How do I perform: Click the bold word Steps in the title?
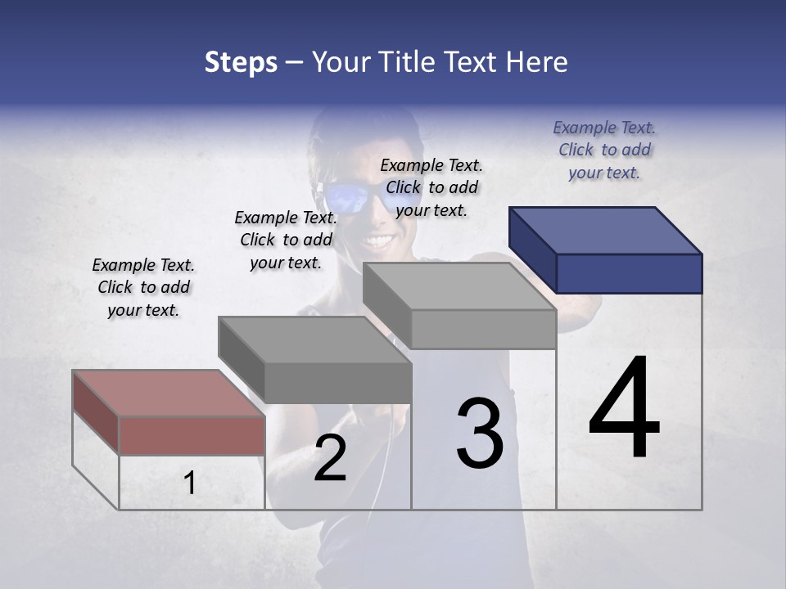(x=241, y=62)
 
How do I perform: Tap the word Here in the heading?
(x=536, y=62)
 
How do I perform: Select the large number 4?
(x=624, y=409)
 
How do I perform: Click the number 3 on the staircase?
(x=480, y=434)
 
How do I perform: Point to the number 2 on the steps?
(x=330, y=459)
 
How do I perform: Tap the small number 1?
(x=189, y=483)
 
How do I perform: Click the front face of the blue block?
(x=629, y=273)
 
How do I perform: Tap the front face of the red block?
(x=192, y=435)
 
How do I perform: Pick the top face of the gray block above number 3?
(x=459, y=286)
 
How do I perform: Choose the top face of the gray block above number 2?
(x=314, y=340)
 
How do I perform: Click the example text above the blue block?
(x=604, y=151)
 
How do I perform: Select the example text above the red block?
(x=143, y=287)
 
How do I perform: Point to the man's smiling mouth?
(x=378, y=241)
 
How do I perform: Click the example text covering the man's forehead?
(x=431, y=187)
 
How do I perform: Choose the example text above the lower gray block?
(x=286, y=240)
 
